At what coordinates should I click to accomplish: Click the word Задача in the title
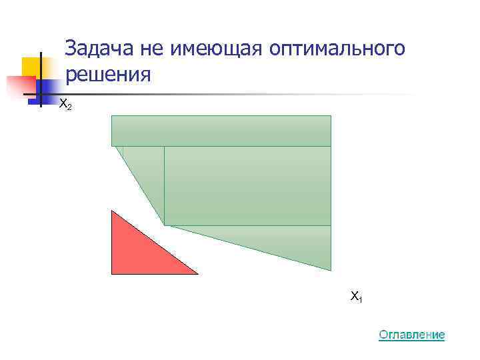coord(100,49)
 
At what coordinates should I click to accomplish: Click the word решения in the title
coord(109,74)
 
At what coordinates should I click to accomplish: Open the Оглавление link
coord(411,334)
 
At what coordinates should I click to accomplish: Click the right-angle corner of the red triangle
coord(112,273)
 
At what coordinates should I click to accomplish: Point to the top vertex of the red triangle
coord(112,211)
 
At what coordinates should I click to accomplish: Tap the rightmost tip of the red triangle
coord(197,273)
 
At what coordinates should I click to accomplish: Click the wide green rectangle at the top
coord(221,130)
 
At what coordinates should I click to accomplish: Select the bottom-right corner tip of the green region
coord(331,270)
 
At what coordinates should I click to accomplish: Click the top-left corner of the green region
coord(112,116)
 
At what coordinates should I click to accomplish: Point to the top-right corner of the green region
coord(331,116)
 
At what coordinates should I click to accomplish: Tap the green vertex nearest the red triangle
coord(165,225)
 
